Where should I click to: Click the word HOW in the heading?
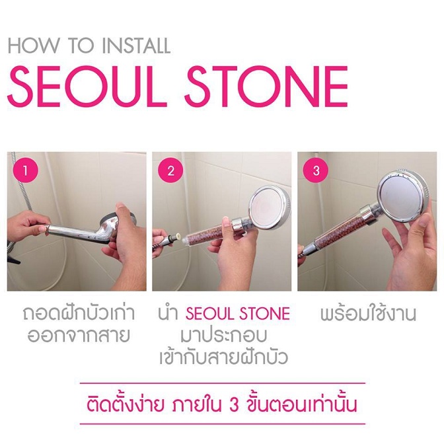34,46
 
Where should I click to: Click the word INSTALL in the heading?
136,46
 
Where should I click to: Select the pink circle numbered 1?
26,170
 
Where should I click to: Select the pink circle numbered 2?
170,170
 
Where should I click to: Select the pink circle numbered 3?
316,170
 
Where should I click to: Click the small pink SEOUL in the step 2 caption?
211,314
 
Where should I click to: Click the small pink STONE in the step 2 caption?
265,314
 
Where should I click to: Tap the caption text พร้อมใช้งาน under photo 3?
368,313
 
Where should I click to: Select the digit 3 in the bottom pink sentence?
233,405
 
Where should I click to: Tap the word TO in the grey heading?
81,46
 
